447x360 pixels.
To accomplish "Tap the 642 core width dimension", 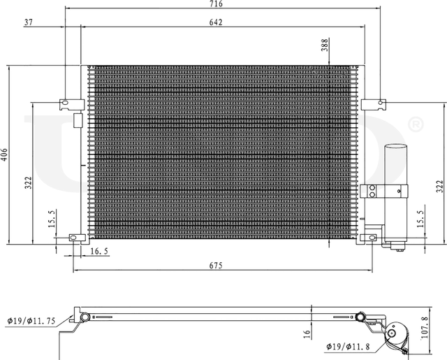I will [x=214, y=22].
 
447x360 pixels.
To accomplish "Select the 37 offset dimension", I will [x=29, y=22].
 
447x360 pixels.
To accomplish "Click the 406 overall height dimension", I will [x=4, y=154].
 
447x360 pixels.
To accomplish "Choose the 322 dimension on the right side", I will [x=440, y=187].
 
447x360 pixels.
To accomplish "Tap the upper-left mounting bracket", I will [x=67, y=104].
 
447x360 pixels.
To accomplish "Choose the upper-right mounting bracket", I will [x=377, y=104].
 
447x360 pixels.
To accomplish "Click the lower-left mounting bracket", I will [x=74, y=238].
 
